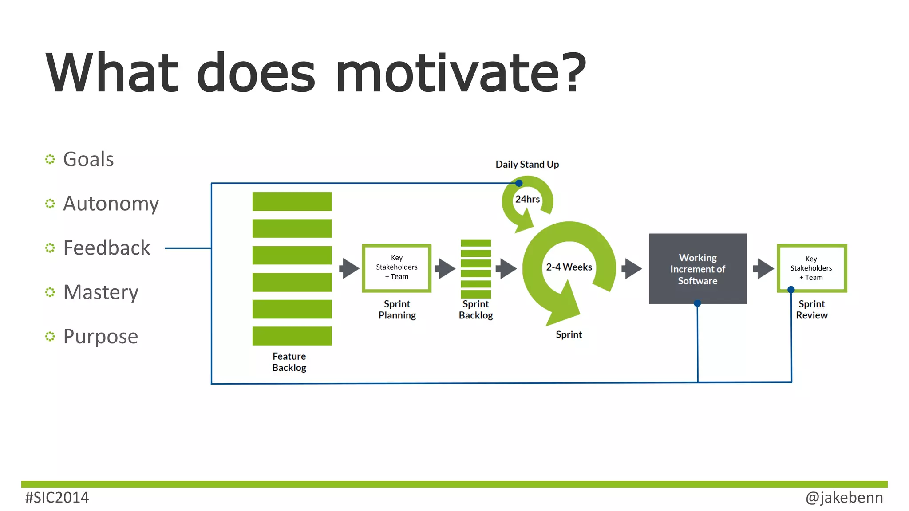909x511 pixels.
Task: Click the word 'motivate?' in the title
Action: tap(461, 73)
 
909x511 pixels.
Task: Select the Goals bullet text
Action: tap(88, 159)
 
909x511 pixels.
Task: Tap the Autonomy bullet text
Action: tap(111, 204)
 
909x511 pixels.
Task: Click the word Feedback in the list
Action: tap(107, 248)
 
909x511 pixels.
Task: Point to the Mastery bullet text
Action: tap(101, 292)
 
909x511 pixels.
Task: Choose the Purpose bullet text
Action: tap(101, 337)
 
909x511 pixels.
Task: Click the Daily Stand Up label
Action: tap(527, 165)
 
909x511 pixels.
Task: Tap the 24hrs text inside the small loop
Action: tap(527, 199)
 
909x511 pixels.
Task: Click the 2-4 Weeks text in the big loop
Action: tap(569, 267)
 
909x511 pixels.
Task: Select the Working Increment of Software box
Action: tap(697, 269)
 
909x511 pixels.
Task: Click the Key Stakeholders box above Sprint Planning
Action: tap(396, 267)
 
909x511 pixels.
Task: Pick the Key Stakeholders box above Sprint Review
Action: tap(811, 268)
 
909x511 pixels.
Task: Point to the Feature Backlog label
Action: tap(289, 362)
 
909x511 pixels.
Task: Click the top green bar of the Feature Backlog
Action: tap(292, 201)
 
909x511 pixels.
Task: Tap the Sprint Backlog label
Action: tap(475, 310)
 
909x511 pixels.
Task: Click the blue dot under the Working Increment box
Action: tap(697, 303)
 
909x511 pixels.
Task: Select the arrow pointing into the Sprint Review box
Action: tap(763, 268)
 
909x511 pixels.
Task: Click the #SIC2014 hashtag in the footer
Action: tap(57, 498)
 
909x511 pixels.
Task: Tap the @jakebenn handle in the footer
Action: tap(844, 498)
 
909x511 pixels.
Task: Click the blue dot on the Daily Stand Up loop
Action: tap(519, 183)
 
